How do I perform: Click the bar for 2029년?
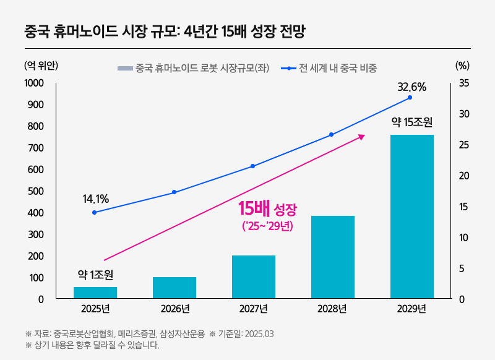click(411, 216)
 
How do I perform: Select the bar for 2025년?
click(95, 293)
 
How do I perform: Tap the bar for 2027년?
click(253, 276)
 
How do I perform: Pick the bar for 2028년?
click(332, 257)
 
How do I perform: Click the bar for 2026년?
click(174, 288)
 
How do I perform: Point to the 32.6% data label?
click(411, 87)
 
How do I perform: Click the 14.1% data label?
click(95, 199)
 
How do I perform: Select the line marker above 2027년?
click(253, 166)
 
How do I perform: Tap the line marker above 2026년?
click(174, 192)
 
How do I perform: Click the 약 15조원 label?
click(411, 122)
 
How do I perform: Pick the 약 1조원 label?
click(95, 274)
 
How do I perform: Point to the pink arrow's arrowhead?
click(362, 135)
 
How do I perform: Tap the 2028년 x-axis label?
click(332, 309)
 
